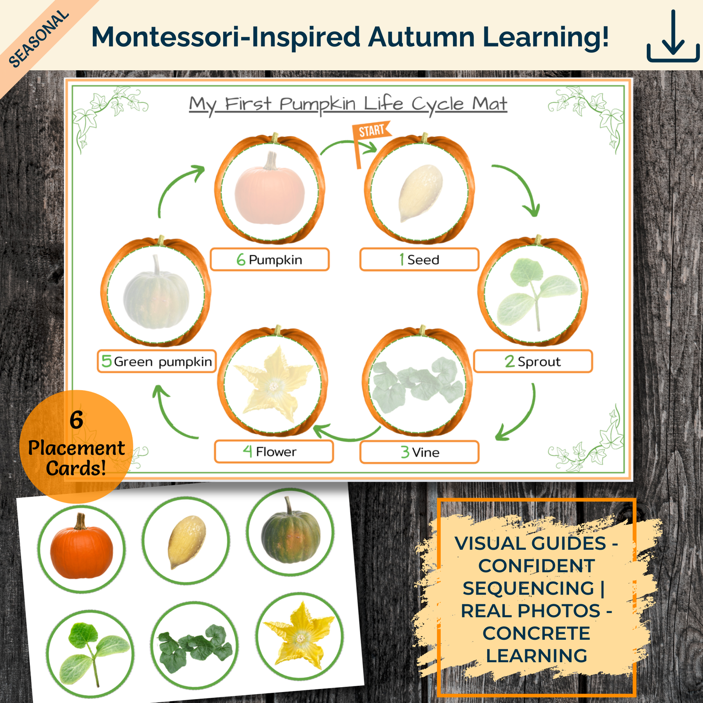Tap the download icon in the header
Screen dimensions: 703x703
(x=673, y=37)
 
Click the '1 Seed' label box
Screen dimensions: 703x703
(x=419, y=260)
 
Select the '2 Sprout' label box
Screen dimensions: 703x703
(x=533, y=362)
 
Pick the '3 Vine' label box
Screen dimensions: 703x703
(x=419, y=452)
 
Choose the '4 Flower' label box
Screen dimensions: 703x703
(x=274, y=452)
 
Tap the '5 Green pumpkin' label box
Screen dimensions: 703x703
(x=157, y=362)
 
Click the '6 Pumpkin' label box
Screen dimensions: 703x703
(x=270, y=260)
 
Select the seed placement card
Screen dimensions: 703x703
(x=186, y=541)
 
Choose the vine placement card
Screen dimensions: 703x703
(x=195, y=646)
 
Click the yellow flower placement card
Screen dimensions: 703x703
(x=300, y=636)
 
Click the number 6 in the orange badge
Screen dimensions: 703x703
(x=76, y=420)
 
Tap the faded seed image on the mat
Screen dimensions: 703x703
(x=420, y=192)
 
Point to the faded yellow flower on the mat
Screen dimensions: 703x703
(x=273, y=384)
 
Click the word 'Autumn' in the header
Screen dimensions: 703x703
(x=421, y=37)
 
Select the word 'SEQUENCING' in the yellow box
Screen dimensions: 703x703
(x=528, y=588)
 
